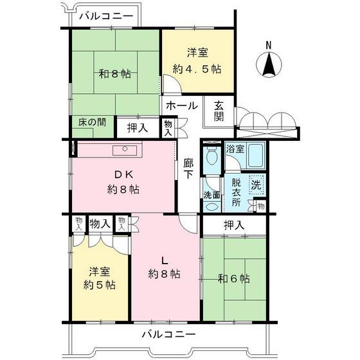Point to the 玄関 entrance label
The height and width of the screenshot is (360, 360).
click(219, 111)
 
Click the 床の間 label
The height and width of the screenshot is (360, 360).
click(93, 122)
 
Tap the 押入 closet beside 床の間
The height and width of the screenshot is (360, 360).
click(138, 127)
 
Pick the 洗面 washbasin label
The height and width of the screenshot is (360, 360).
click(212, 196)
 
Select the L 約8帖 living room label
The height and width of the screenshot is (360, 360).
click(165, 267)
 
